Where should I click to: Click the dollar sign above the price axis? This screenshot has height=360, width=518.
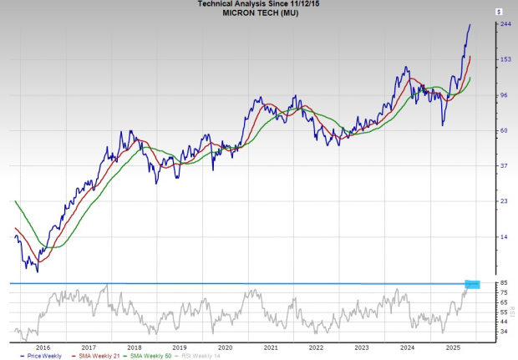[x=498, y=12]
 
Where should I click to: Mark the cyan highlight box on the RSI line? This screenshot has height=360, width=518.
[x=472, y=284]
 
